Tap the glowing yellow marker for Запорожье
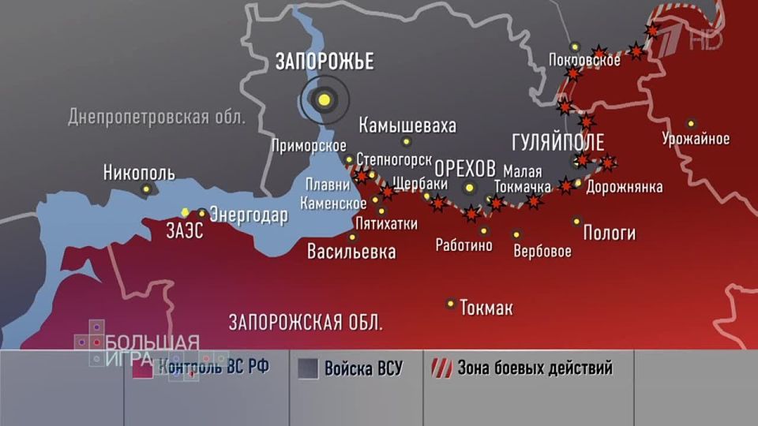click(x=323, y=99)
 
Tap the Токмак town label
click(x=486, y=308)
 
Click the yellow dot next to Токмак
click(x=451, y=303)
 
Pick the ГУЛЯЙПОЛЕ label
click(x=557, y=142)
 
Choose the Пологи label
click(x=609, y=234)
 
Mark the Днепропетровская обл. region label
click(x=157, y=118)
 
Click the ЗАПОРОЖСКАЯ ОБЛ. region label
click(x=306, y=322)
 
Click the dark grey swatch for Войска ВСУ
click(x=309, y=368)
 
